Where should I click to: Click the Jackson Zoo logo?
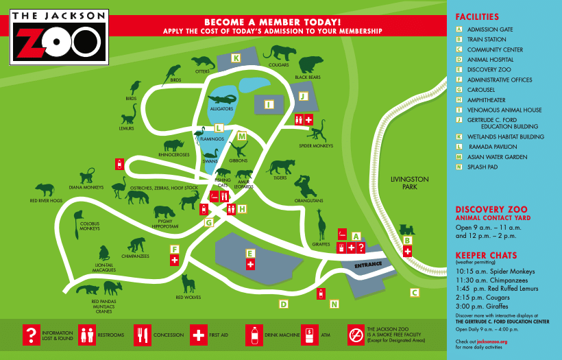pyautogui.click(x=59, y=36)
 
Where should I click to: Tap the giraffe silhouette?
pyautogui.click(x=322, y=226)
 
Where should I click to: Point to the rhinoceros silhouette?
pyautogui.click(x=173, y=145)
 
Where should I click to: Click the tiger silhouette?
pyautogui.click(x=280, y=167)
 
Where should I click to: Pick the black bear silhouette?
pyautogui.click(x=309, y=65)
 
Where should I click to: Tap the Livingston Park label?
pyautogui.click(x=409, y=183)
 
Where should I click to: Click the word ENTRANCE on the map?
pyautogui.click(x=367, y=265)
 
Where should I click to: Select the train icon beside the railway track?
pyautogui.click(x=406, y=230)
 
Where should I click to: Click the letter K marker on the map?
pyautogui.click(x=236, y=58)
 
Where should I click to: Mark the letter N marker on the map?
pyautogui.click(x=334, y=304)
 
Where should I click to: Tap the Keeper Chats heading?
pyautogui.click(x=485, y=255)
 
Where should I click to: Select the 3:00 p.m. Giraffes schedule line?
pyautogui.click(x=487, y=307)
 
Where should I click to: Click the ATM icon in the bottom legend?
pyautogui.click(x=309, y=335)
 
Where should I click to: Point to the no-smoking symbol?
pyautogui.click(x=356, y=334)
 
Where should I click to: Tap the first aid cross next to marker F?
pyautogui.click(x=175, y=260)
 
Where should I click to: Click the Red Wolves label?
pyautogui.click(x=188, y=298)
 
